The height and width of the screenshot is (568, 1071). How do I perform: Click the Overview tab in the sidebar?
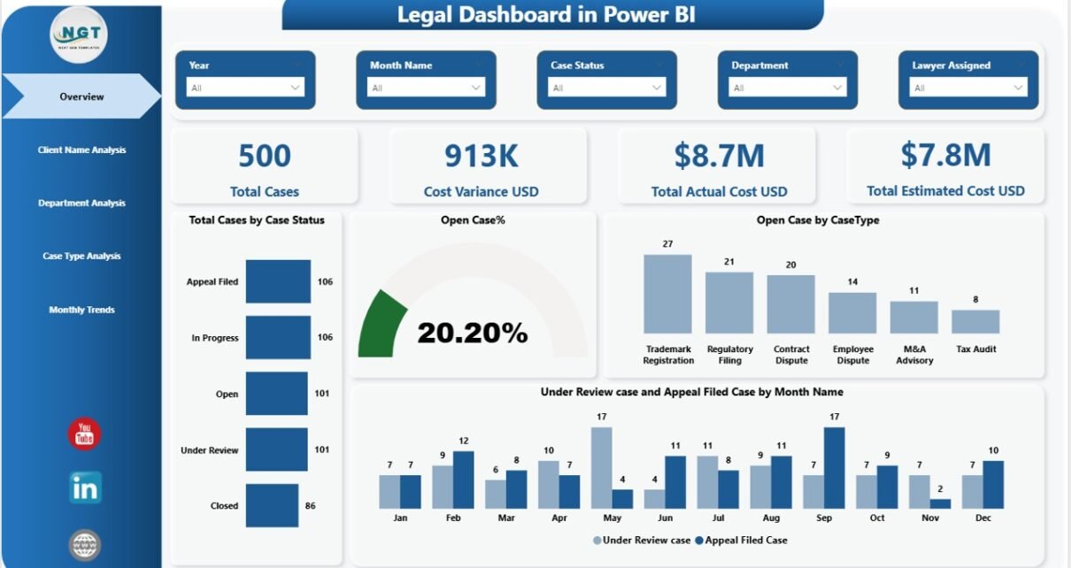pyautogui.click(x=81, y=96)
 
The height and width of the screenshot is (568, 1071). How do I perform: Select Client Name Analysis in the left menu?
pyautogui.click(x=81, y=150)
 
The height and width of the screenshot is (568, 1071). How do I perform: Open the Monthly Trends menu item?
pyautogui.click(x=81, y=310)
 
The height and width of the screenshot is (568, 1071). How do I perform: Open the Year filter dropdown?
pyautogui.click(x=245, y=88)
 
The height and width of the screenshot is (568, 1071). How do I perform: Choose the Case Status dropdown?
pyautogui.click(x=606, y=88)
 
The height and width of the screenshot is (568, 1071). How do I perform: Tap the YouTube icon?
pyautogui.click(x=85, y=434)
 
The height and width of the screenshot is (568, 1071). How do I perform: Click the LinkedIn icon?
pyautogui.click(x=85, y=487)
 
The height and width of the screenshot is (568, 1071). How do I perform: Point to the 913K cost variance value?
pyautogui.click(x=481, y=156)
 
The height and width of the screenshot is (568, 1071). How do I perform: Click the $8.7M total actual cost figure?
pyautogui.click(x=719, y=156)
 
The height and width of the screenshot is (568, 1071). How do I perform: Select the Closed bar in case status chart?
pyautogui.click(x=272, y=506)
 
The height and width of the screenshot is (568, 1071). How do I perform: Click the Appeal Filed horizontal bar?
pyautogui.click(x=278, y=281)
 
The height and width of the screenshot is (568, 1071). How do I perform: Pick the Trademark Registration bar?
pyautogui.click(x=667, y=293)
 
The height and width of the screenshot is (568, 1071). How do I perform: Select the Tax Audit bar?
pyautogui.click(x=975, y=321)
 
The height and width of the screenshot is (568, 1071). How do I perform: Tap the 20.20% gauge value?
pyautogui.click(x=473, y=333)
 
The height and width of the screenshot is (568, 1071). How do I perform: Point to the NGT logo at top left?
pyautogui.click(x=80, y=35)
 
